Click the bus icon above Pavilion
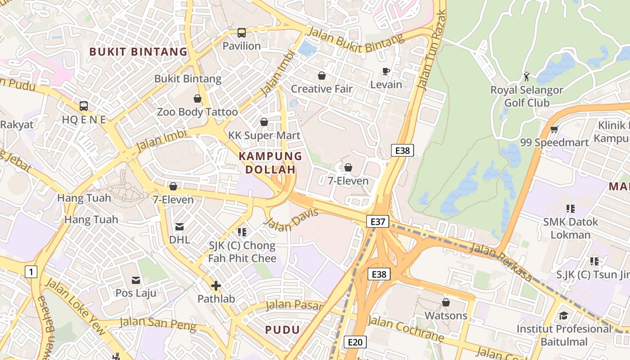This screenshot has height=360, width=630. click(242, 33)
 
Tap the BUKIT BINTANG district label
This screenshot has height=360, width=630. click(138, 52)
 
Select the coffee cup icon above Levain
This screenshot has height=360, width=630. click(386, 71)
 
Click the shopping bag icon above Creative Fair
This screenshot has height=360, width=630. click(322, 76)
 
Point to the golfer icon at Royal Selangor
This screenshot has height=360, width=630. click(526, 76)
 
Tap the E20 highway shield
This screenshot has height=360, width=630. click(355, 342)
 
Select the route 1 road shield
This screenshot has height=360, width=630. click(31, 272)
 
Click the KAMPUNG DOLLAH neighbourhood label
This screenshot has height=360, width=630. click(270, 163)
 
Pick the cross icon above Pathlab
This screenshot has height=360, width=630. click(216, 286)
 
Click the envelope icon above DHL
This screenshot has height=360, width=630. click(180, 226)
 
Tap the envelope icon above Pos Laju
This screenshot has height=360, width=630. click(135, 280)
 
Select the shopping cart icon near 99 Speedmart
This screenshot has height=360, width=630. click(554, 130)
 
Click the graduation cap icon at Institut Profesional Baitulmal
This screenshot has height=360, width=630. click(564, 315)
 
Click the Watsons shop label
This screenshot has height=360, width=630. click(446, 315)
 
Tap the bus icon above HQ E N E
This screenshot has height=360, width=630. click(84, 106)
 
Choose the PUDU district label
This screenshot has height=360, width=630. click(282, 330)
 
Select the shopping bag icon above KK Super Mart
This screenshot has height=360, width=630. click(264, 122)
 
